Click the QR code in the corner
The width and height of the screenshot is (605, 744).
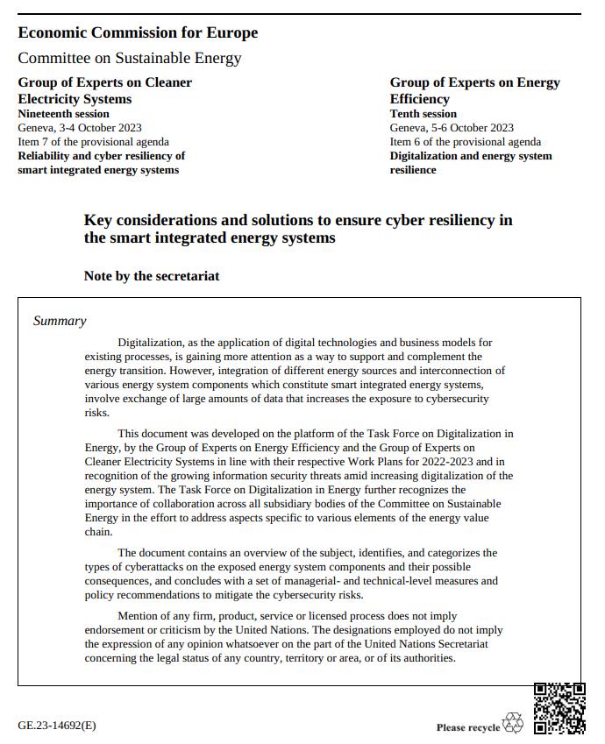pos(559,708)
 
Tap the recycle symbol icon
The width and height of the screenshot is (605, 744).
pos(513,723)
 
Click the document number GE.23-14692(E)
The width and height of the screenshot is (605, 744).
pos(57,726)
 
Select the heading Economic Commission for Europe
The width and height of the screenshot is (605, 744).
pos(138,32)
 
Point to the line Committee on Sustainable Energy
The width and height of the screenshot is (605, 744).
pos(129,58)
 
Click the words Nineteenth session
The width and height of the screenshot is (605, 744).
pos(63,114)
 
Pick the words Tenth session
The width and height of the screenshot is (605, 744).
pos(423,114)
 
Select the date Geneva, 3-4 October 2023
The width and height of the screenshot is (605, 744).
pos(80,128)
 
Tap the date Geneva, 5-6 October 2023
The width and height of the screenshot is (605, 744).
pos(452,128)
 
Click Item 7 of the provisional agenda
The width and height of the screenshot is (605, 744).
pos(94,142)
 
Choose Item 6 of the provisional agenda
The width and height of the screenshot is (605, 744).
pos(466,142)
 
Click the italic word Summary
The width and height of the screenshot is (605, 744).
pos(60,321)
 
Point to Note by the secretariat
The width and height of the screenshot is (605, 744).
pos(152,276)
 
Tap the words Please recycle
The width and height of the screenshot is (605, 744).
pos(468,727)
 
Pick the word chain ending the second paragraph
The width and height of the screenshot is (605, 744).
pos(98,532)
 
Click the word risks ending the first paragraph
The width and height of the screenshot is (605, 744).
pos(97,413)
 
